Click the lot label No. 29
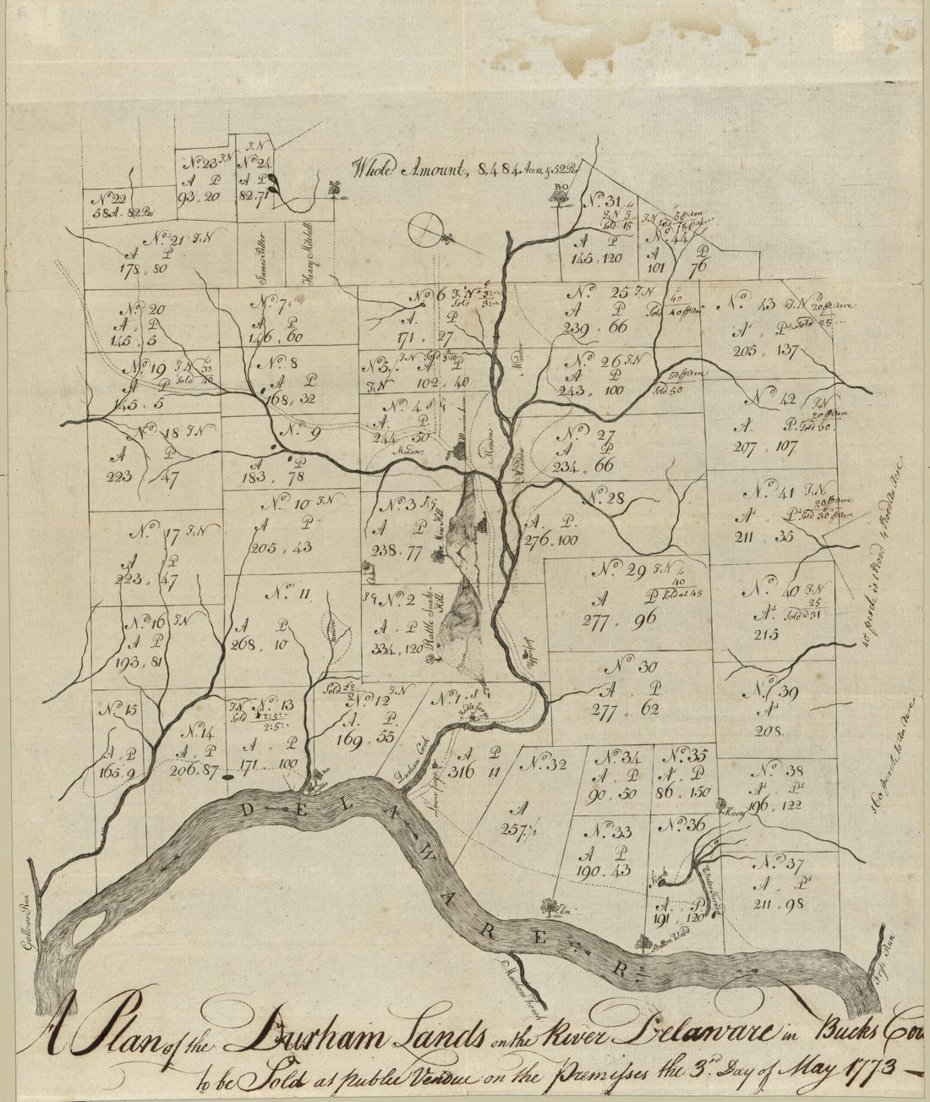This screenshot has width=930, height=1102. [x=625, y=569]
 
